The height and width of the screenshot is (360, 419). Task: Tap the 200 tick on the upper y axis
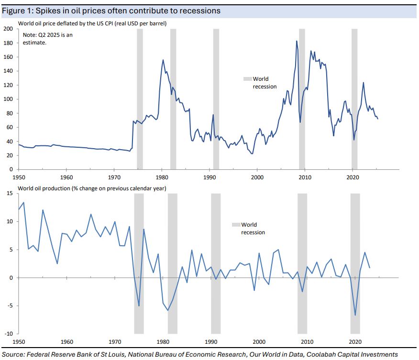tap(8, 29)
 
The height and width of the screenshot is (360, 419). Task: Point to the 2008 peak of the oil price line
tap(297, 41)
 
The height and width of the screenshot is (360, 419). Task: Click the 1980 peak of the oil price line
tap(163, 60)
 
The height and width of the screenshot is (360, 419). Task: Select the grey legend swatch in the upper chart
tap(247, 79)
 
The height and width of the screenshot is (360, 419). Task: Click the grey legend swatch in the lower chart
tap(235, 225)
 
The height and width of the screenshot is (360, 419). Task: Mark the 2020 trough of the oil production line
tap(355, 315)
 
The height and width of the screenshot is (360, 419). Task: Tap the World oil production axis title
tap(92, 188)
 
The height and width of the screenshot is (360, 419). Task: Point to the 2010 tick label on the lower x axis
tap(307, 342)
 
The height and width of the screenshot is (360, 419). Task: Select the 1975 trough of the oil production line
tap(139, 306)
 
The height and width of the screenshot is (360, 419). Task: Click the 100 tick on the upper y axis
tap(8, 99)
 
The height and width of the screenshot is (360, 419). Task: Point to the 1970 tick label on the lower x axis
tap(115, 342)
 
